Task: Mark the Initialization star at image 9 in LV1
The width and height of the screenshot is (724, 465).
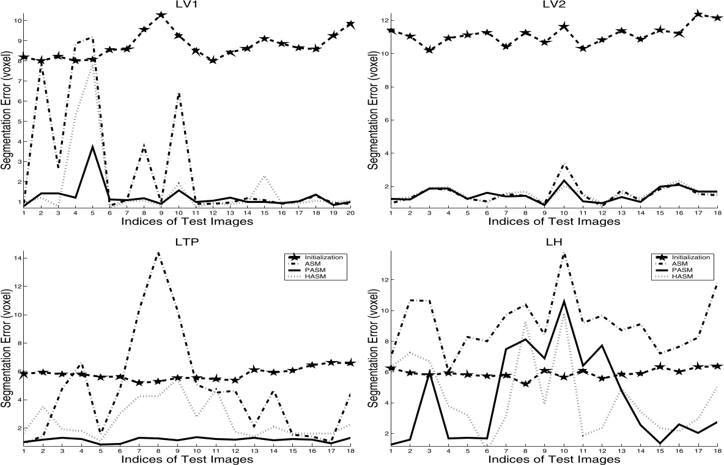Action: coord(161,15)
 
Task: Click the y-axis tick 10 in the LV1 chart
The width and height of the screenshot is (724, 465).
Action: coord(17,21)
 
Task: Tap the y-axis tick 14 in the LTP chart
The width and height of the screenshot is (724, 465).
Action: coord(17,258)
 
